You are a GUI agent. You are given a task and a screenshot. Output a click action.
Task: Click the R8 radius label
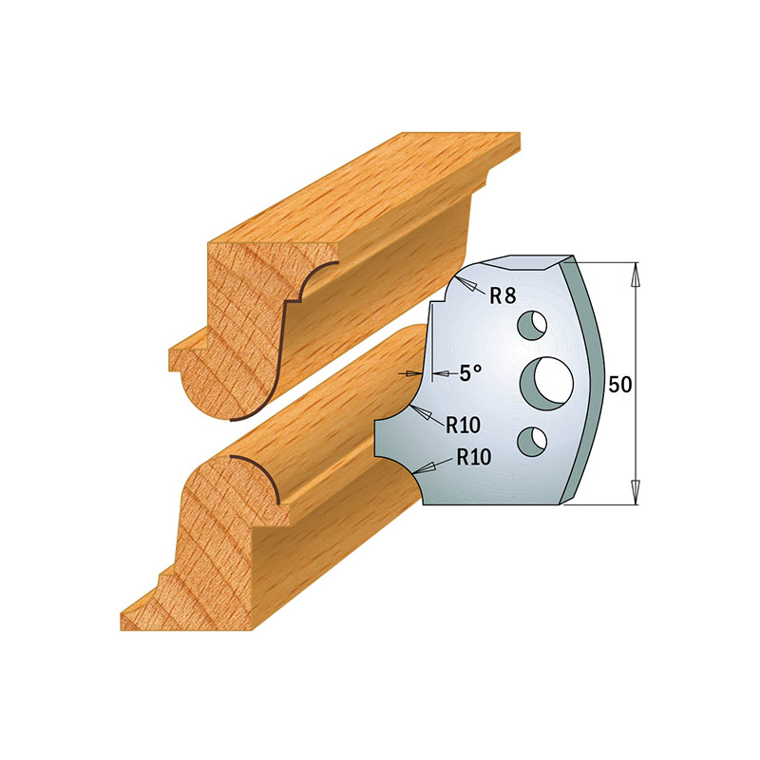tap(503, 296)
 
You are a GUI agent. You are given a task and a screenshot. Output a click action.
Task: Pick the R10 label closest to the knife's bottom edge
tap(473, 456)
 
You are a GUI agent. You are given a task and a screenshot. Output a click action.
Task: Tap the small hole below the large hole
tap(532, 438)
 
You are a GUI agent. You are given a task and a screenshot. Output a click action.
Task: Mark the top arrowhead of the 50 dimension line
tap(635, 276)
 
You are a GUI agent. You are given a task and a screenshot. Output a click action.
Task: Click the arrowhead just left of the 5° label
tap(414, 374)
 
